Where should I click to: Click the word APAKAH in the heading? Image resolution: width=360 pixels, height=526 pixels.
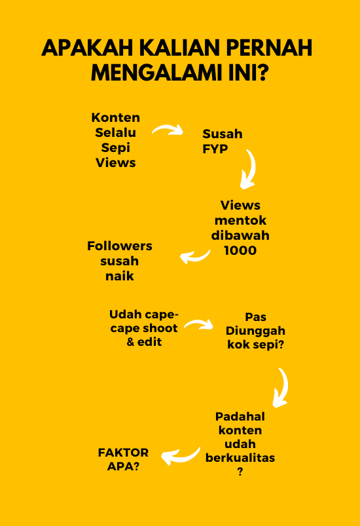point(88,48)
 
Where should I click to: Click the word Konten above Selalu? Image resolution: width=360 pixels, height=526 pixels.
point(116,118)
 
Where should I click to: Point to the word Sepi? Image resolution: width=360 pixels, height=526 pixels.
point(116,148)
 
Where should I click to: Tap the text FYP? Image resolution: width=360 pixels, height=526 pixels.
point(215,149)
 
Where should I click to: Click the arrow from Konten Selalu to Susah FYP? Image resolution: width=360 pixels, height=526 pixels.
point(168,130)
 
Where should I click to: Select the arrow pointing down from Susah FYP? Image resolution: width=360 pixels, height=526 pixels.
point(249,169)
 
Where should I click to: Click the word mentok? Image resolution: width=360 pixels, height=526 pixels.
point(240,220)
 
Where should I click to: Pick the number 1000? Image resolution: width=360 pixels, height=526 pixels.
point(240,251)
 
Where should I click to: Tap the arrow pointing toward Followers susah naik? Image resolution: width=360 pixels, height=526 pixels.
point(195,257)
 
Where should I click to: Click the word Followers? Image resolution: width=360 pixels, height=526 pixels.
point(120,246)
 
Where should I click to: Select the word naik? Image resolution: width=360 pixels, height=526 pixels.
point(120,276)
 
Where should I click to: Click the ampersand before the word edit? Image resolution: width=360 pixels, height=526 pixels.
point(131,342)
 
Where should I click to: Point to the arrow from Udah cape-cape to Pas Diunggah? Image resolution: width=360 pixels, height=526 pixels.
point(198,324)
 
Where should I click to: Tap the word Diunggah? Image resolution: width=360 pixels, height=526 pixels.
point(255,331)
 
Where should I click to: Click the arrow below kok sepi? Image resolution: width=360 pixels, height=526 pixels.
point(282,387)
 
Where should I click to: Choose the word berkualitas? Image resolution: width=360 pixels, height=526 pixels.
point(240,458)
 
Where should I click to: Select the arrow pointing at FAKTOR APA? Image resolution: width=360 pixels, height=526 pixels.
point(181,456)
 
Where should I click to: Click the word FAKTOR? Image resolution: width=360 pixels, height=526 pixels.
point(123,453)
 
